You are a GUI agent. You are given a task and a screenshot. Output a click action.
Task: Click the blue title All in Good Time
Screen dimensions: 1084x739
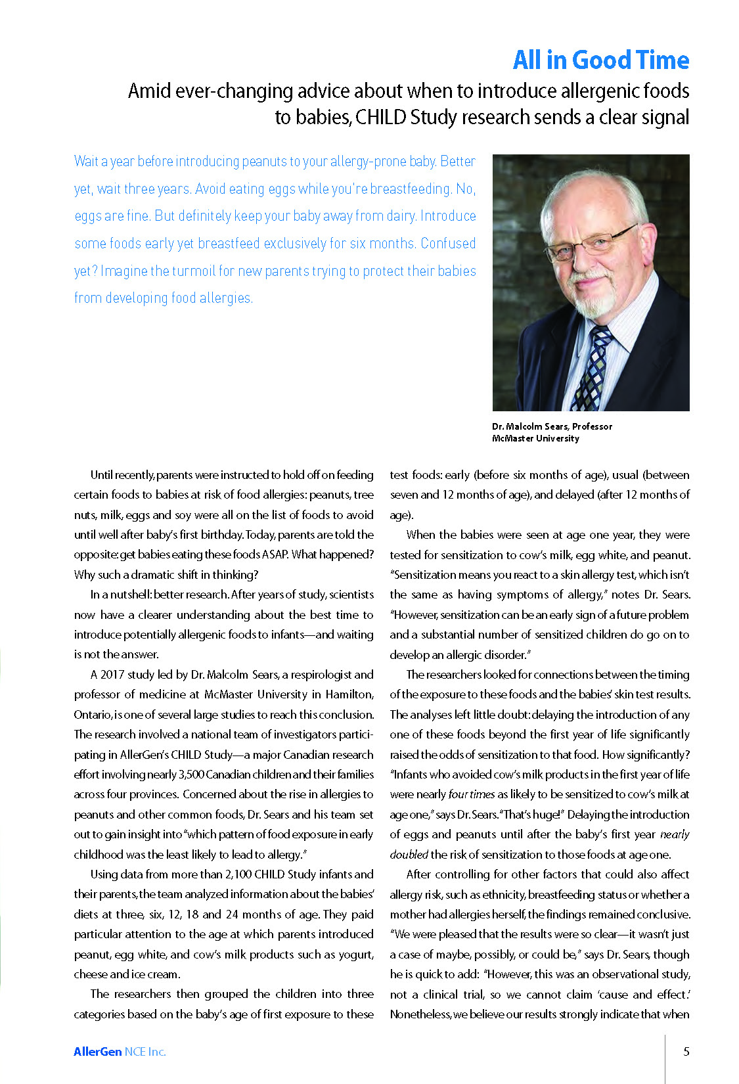point(600,60)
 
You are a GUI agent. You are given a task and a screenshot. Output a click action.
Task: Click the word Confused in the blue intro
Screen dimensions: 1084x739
point(448,243)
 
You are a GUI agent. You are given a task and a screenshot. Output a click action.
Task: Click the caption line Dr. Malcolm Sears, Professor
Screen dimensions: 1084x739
point(552,426)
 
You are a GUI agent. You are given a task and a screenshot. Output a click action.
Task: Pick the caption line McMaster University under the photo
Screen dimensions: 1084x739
point(535,438)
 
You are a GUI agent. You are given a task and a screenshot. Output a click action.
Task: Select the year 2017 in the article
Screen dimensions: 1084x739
point(112,675)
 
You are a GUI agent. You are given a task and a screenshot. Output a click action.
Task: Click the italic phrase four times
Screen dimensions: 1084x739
point(472,794)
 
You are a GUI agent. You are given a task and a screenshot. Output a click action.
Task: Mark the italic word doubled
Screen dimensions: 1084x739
point(409,855)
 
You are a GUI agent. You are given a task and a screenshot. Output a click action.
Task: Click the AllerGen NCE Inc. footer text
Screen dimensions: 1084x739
point(120,1052)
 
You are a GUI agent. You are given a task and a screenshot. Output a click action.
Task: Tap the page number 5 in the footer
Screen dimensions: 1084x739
point(686,1052)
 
